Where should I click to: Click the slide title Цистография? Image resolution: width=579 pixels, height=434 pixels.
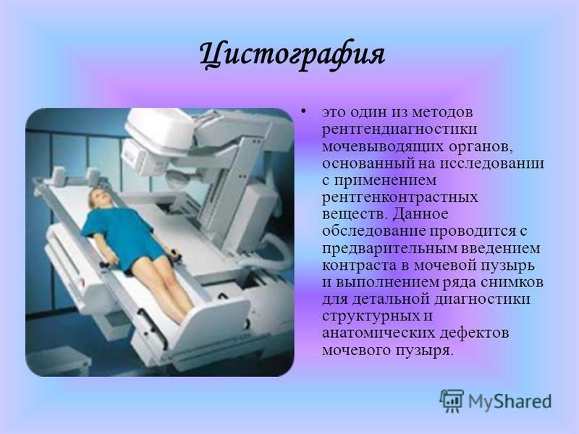click(292, 56)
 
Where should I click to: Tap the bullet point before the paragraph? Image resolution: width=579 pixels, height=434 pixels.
click(304, 111)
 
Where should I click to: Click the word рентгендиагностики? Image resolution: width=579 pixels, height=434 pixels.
click(400, 129)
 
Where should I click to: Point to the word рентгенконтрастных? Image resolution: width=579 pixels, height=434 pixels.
click(400, 197)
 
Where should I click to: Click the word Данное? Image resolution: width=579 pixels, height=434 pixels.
click(420, 214)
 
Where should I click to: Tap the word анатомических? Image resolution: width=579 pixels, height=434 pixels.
click(379, 333)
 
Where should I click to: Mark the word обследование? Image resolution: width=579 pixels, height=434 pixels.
click(373, 231)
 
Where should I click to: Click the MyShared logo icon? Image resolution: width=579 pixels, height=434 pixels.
click(452, 401)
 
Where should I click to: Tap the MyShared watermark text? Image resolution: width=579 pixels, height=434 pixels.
click(510, 401)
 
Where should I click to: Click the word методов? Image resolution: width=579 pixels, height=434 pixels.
click(442, 112)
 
